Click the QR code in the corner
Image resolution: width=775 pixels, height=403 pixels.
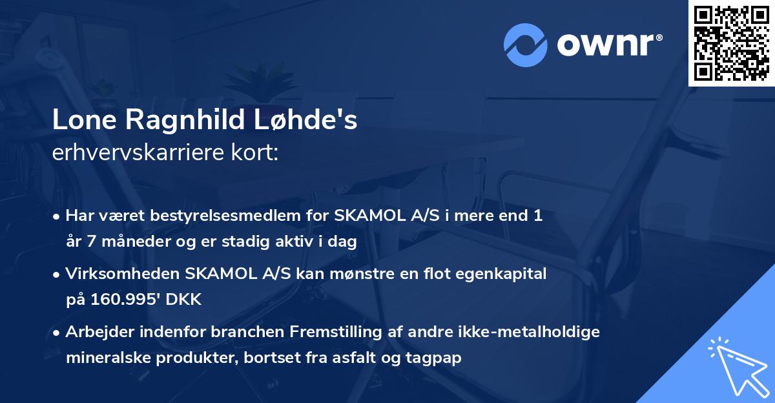coord(731,43)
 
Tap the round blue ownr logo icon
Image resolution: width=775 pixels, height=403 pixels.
coord(525,45)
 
